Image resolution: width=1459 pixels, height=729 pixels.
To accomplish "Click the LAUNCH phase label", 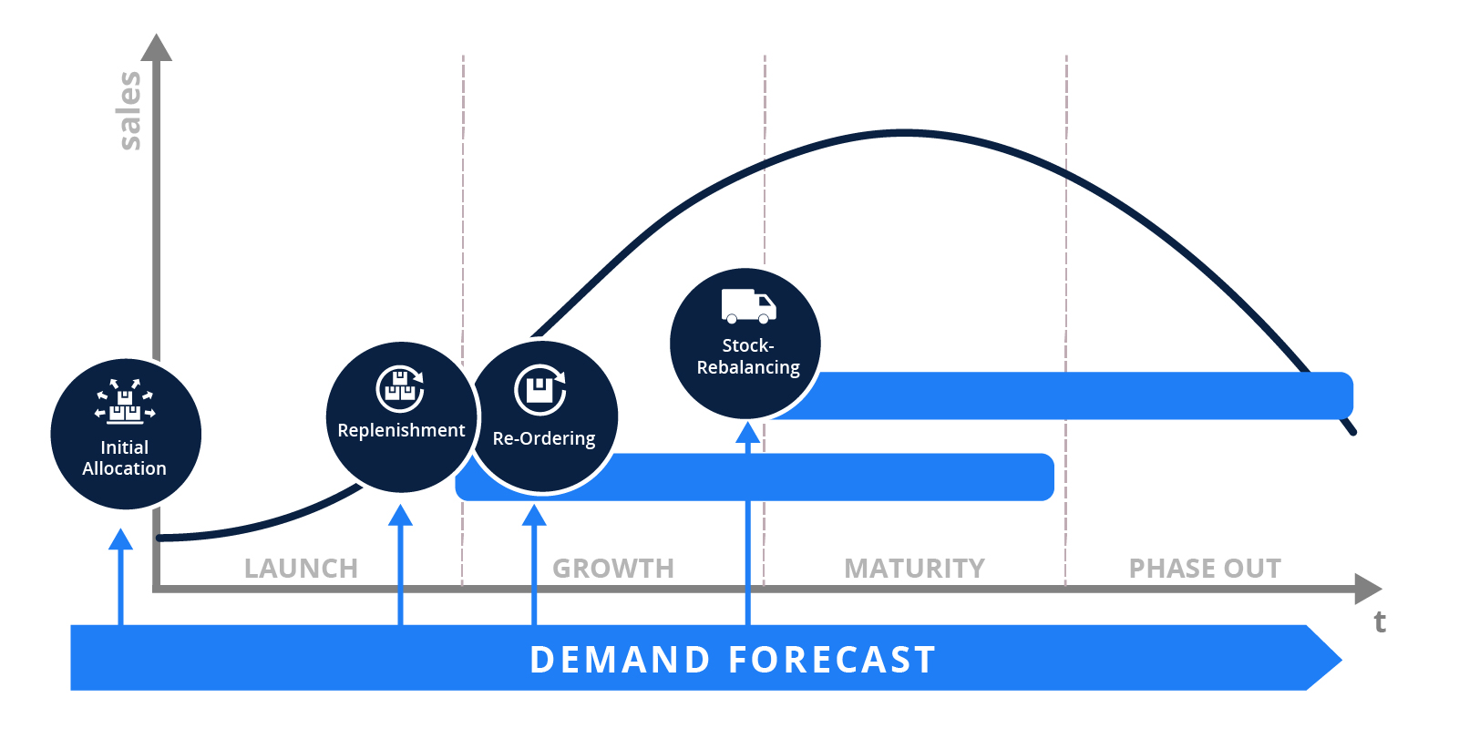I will pos(301,569).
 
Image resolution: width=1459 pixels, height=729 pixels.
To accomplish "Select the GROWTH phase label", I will pos(613,569).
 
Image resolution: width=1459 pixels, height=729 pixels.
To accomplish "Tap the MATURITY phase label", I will pos(914,569).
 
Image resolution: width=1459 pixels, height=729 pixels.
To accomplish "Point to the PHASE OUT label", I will pos(1205,569).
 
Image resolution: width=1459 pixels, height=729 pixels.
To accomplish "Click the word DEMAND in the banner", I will pos(620,660).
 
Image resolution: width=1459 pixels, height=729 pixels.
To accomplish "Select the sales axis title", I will pos(129,110).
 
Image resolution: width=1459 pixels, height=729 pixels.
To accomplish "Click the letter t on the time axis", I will pos(1380,621).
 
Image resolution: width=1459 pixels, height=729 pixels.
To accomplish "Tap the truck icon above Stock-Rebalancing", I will pos(748,306).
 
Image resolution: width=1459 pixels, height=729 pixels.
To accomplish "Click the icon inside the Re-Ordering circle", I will pos(540,389).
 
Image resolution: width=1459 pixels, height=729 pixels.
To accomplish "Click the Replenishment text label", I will pos(401,430).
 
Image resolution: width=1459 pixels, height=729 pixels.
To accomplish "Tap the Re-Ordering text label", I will pos(544,438).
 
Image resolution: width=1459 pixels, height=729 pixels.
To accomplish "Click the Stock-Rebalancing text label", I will pos(748,356).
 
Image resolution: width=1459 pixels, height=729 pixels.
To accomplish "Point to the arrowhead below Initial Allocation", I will pos(120,539).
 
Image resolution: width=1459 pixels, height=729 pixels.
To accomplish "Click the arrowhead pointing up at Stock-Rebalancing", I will pos(748,433).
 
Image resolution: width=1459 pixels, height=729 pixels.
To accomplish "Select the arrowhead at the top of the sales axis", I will pos(157,48).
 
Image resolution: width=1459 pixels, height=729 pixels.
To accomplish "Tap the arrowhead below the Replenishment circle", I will pos(400,516).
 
